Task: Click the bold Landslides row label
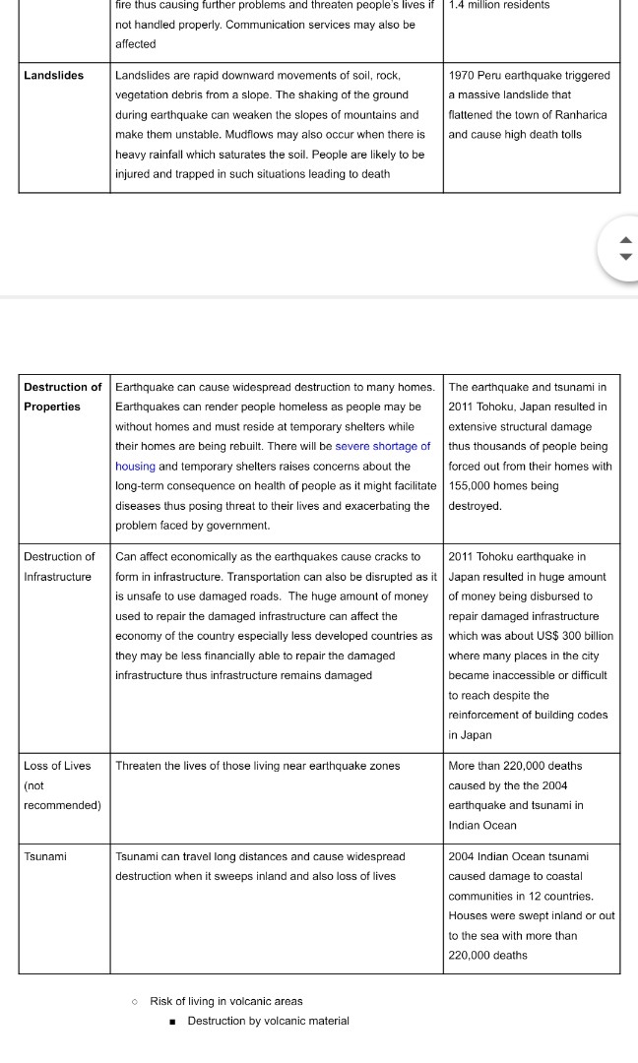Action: (x=54, y=75)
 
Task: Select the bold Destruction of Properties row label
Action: (x=62, y=397)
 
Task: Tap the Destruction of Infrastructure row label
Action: (x=59, y=567)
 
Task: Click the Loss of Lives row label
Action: (x=57, y=766)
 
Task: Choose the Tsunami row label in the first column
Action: (x=45, y=856)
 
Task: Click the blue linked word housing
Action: (x=135, y=467)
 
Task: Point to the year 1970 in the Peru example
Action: (x=463, y=75)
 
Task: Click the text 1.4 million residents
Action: (x=498, y=5)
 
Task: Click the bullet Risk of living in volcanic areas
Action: (x=225, y=1001)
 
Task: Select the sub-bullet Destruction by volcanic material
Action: (x=268, y=1021)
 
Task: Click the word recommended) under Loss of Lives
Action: (x=62, y=805)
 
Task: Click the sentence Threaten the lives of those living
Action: (x=257, y=766)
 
